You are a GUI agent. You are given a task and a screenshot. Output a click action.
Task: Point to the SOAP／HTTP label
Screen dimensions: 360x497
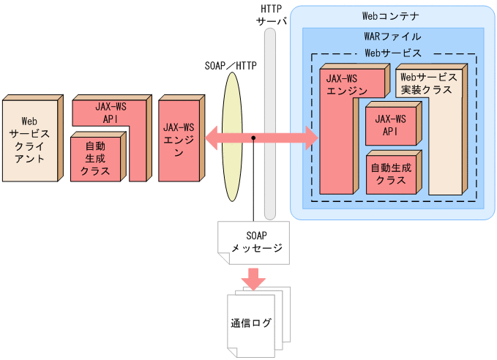(231, 64)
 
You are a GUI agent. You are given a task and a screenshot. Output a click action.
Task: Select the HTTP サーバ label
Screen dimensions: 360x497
(271, 15)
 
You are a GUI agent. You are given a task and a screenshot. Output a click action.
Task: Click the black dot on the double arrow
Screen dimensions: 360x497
(253, 138)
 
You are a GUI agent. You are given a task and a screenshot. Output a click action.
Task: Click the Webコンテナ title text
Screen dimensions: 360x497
(391, 15)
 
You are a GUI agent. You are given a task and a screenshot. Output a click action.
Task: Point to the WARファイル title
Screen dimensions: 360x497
(392, 36)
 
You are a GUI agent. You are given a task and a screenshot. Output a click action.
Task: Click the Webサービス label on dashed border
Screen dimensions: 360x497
(393, 53)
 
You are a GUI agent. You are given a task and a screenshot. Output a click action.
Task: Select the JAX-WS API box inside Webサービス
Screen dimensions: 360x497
(389, 124)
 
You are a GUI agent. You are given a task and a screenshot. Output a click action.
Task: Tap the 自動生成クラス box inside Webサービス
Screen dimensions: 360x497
(391, 173)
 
